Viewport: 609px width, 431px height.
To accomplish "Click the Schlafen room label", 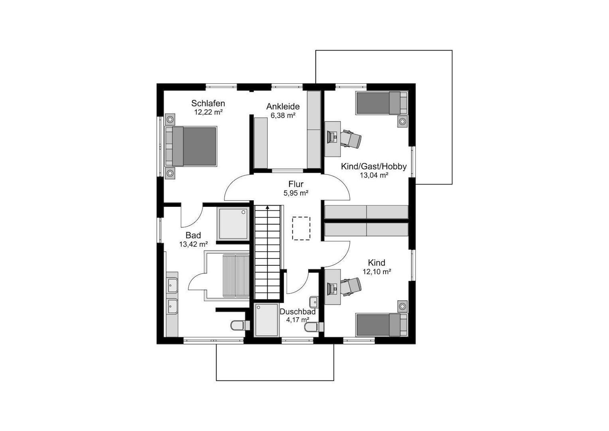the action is tap(208, 103).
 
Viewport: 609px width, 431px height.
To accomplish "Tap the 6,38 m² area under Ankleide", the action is tap(283, 115).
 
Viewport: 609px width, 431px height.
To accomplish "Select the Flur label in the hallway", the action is tap(296, 184).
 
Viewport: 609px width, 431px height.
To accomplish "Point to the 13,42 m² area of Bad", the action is tap(193, 244).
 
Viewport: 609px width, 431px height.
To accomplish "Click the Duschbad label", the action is tap(298, 312).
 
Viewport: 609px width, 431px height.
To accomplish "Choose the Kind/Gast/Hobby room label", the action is tap(374, 166).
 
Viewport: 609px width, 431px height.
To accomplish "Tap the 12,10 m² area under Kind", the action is tap(377, 271).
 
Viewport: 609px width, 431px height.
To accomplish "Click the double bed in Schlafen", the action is tap(191, 146).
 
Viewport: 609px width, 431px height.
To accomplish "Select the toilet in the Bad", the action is tap(240, 325).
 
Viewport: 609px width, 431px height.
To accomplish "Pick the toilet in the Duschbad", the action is tap(314, 327).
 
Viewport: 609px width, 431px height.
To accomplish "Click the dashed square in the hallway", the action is tap(301, 228).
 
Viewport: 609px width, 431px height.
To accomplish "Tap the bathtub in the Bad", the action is tap(227, 276).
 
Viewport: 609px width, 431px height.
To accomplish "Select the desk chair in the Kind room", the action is tap(351, 287).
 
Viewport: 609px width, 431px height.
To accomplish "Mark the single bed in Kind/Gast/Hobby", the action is tap(382, 103).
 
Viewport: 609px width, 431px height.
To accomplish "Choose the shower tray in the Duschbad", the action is tap(267, 320).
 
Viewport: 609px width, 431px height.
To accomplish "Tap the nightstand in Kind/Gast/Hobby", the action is tap(403, 121).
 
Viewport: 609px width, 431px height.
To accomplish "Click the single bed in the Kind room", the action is tap(382, 325).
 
